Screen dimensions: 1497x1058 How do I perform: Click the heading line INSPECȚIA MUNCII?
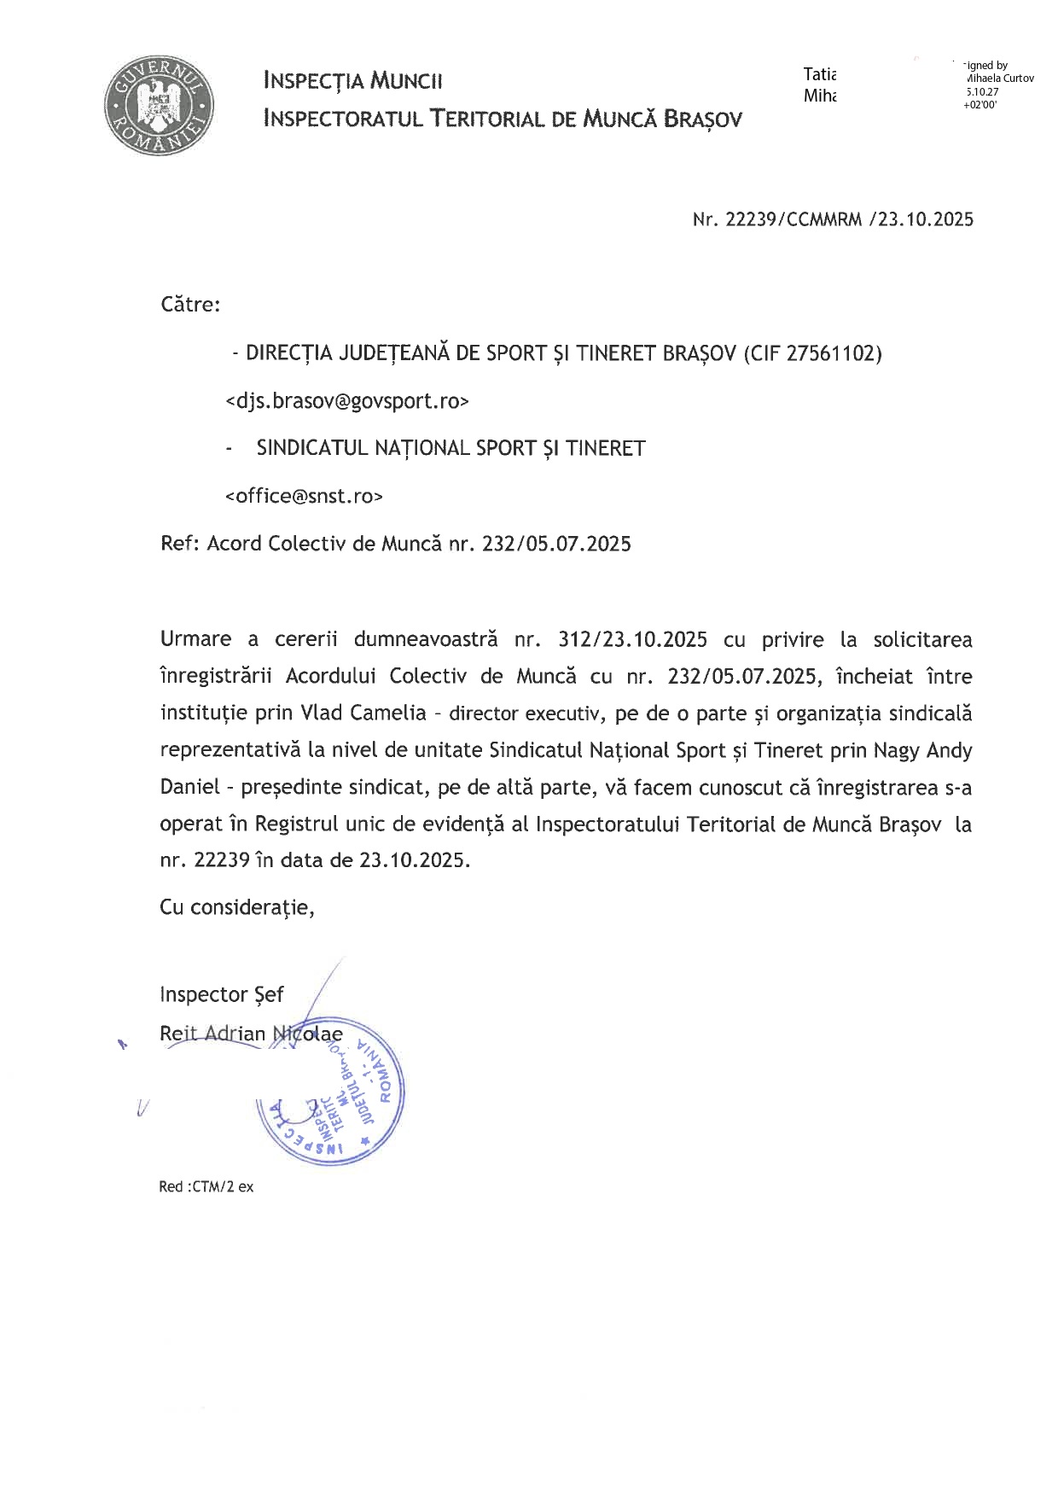353,82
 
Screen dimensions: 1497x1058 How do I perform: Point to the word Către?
189,305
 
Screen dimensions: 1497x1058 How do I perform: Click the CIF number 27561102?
832,353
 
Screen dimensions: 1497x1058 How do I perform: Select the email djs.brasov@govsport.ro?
347,401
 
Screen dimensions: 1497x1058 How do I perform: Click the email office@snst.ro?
304,496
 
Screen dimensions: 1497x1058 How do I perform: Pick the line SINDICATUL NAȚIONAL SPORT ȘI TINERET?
451,448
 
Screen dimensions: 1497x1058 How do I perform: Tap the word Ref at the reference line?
177,544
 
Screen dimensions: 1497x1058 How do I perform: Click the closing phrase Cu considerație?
237,906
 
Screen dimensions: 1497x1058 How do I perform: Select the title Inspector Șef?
222,994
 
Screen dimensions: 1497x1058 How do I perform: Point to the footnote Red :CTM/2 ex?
206,1186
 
